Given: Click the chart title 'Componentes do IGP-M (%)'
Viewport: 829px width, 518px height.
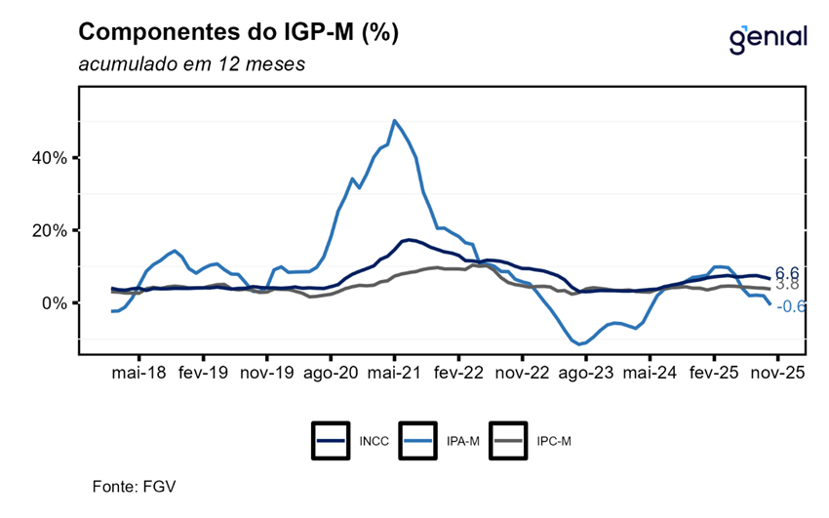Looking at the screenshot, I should click(238, 32).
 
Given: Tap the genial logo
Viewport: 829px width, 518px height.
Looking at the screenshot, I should click(768, 38).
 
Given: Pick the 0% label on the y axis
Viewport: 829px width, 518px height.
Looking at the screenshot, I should click(53, 303).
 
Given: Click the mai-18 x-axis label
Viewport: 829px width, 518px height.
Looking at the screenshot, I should click(139, 374).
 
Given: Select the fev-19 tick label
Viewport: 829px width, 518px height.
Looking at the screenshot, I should click(203, 374).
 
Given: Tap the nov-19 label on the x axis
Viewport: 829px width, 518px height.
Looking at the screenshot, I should click(267, 374).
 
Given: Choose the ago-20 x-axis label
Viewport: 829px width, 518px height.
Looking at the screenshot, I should click(331, 374).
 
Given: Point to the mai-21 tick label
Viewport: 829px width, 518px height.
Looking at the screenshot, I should click(394, 374).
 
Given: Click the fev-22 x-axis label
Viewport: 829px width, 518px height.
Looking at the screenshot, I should click(458, 374).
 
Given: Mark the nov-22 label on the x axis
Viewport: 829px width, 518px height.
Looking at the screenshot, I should click(523, 374).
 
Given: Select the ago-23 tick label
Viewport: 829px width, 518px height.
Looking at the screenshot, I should click(586, 374).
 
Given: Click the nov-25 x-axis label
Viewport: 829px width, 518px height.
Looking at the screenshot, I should click(777, 374).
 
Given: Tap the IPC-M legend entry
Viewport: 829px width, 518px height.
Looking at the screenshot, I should click(532, 441).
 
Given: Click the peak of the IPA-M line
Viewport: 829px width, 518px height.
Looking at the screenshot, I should click(394, 121).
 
